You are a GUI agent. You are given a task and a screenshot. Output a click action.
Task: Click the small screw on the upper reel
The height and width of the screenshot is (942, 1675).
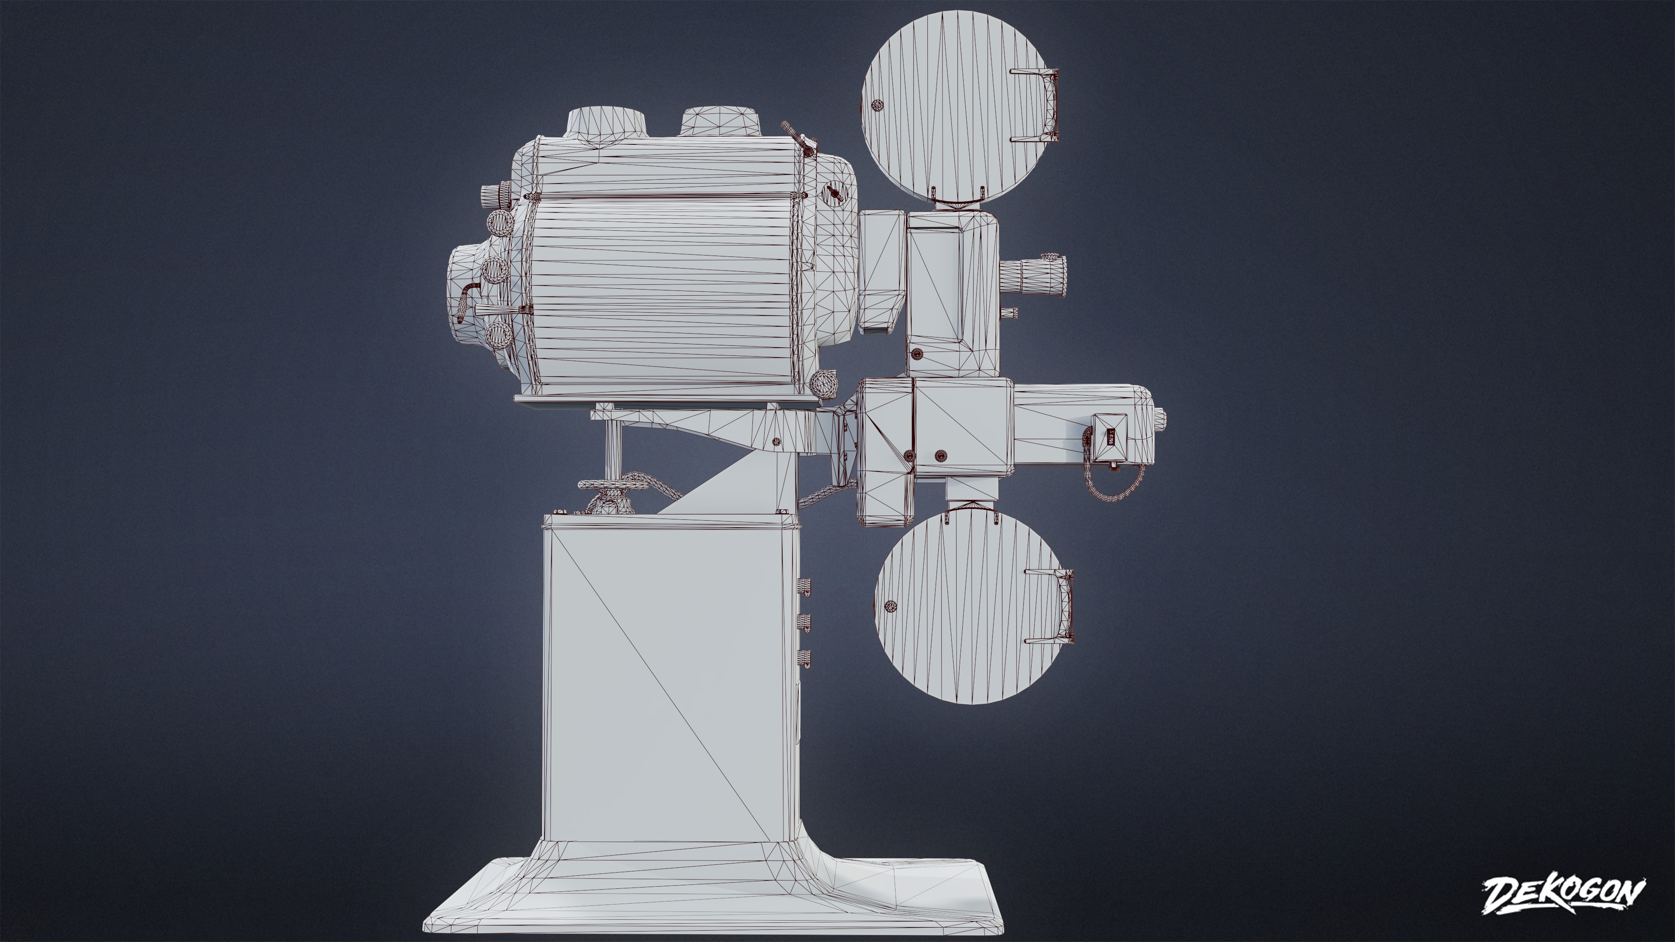877,105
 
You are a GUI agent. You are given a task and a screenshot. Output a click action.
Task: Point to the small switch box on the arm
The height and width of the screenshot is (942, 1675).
1111,438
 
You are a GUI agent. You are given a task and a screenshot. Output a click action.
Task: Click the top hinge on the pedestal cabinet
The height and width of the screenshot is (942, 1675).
804,586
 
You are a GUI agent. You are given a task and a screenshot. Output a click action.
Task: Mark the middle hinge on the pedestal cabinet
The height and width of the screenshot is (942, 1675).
805,622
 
